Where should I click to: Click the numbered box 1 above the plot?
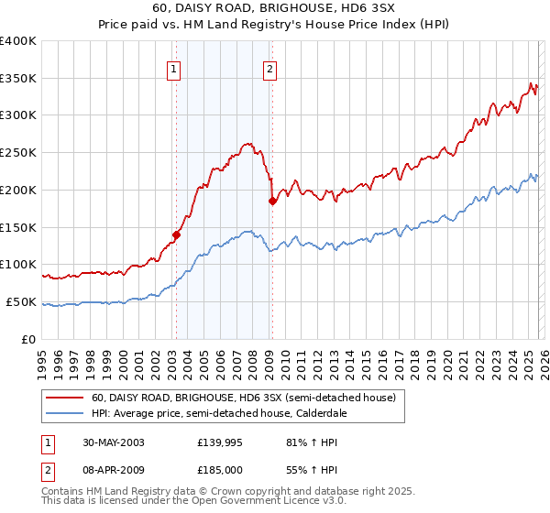[x=173, y=67]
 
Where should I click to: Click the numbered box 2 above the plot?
[x=270, y=67]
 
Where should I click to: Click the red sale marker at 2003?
[x=176, y=234]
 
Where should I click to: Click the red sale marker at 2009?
[x=272, y=201]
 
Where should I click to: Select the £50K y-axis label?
[x=21, y=301]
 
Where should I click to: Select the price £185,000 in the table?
[x=222, y=470]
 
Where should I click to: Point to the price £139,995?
[x=222, y=442]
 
